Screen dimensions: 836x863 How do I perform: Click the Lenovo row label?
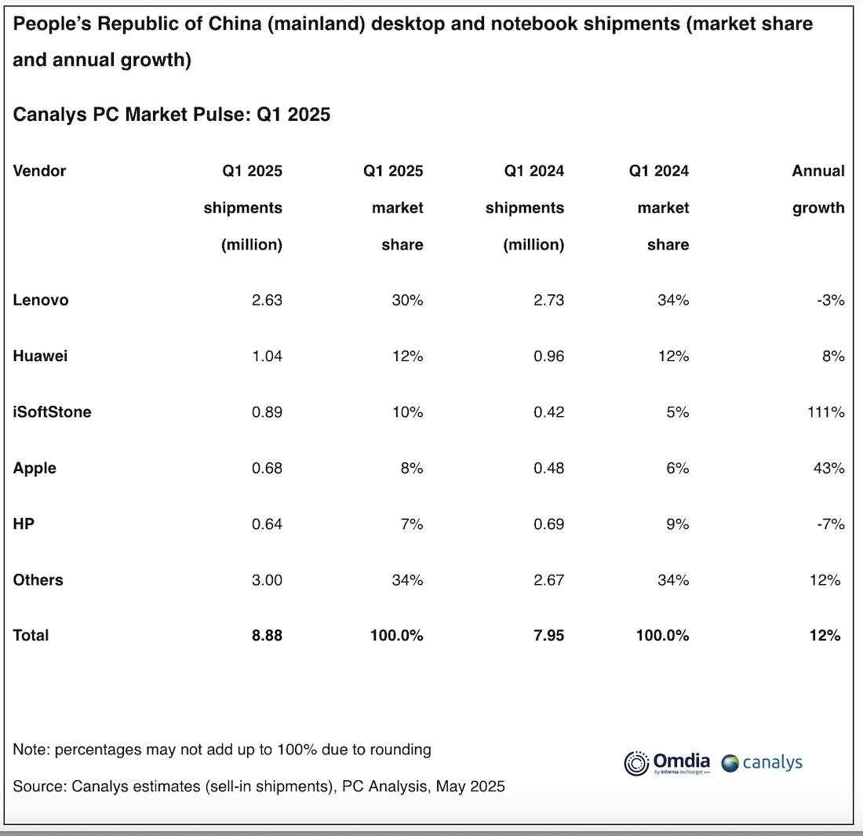coord(41,300)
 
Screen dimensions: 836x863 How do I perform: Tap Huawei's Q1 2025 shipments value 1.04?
coord(267,356)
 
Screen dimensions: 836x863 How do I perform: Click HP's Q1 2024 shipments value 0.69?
coord(548,524)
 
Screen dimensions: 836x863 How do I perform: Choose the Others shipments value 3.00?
coord(267,580)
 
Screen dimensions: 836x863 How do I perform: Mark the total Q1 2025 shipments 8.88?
coord(267,636)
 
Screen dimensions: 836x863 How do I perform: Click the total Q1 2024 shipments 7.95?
coord(548,636)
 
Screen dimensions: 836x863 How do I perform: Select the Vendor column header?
coord(39,170)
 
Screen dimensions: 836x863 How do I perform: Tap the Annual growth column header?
coord(818,189)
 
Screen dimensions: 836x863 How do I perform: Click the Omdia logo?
coord(667,762)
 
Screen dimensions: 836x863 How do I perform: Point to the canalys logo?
coord(762,762)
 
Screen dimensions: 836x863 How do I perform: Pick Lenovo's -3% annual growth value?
coord(830,300)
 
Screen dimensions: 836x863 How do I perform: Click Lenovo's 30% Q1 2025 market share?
coord(407,300)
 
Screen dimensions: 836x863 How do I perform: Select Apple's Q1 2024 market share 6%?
coord(677,468)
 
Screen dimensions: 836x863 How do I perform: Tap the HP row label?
coord(24,524)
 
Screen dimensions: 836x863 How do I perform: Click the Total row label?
coord(31,636)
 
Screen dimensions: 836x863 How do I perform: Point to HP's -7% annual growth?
coord(830,524)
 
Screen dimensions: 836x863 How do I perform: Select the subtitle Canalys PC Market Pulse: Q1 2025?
coord(172,115)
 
